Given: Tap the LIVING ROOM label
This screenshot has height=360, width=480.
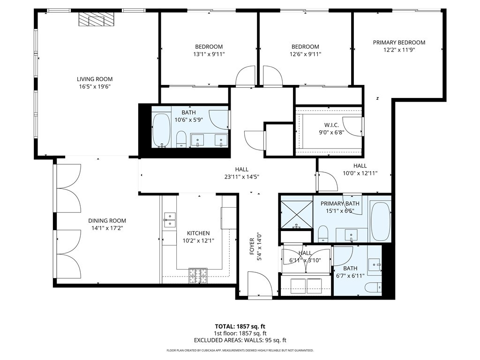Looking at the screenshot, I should (95, 79).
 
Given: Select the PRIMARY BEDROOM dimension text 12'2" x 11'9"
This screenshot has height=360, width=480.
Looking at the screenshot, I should (399, 50).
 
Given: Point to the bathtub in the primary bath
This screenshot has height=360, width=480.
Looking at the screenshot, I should (380, 220).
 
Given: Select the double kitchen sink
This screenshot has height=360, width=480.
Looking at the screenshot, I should (169, 220).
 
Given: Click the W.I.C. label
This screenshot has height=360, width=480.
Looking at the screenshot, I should (334, 125).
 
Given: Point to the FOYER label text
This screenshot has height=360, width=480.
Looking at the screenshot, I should (252, 247).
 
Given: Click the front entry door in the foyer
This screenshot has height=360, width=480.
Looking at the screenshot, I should (259, 287).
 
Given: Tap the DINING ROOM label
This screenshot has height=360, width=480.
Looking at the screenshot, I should (107, 221).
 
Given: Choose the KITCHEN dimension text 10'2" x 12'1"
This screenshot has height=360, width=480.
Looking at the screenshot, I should (198, 240).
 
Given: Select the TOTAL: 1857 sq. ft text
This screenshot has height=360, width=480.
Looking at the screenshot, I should (240, 326).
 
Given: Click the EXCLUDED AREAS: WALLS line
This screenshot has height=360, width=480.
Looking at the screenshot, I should (240, 340).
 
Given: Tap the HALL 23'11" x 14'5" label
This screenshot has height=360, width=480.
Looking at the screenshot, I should (241, 173).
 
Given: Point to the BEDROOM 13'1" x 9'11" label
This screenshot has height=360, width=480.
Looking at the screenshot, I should (209, 50).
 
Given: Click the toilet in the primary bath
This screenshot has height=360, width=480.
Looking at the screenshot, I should (322, 232).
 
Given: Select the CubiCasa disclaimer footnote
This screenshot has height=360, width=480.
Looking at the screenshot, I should (240, 350).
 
